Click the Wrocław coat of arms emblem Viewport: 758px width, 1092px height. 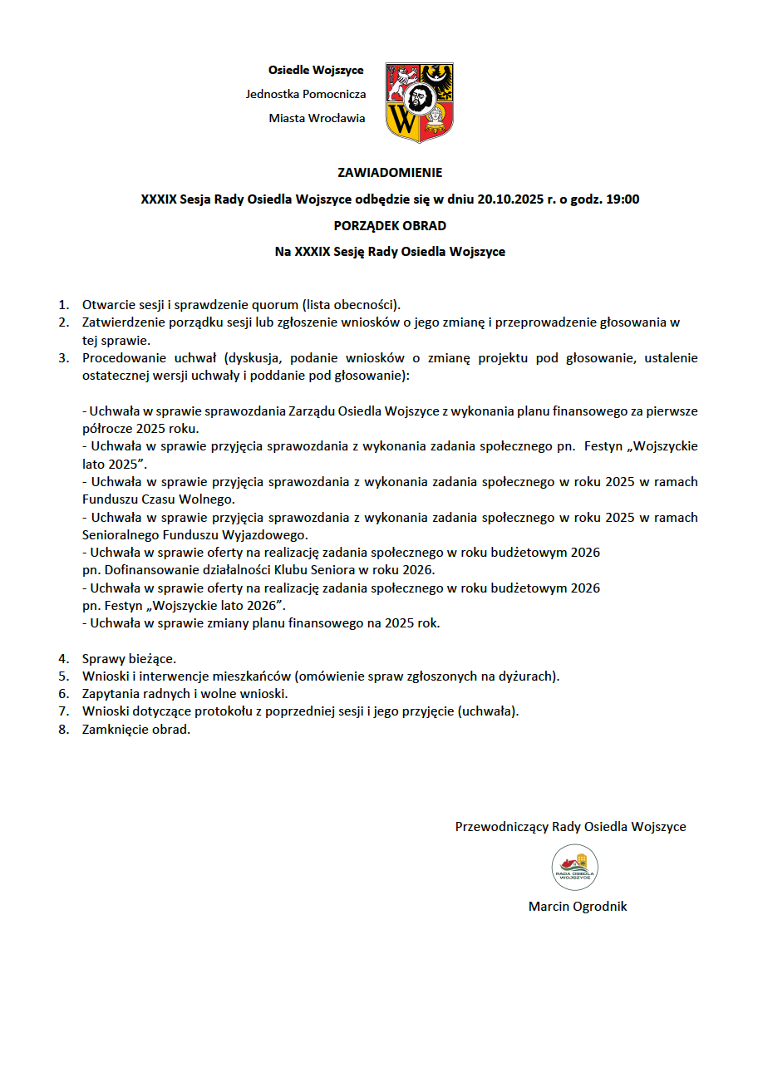[420, 101]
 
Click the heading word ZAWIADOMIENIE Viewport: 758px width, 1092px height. [390, 173]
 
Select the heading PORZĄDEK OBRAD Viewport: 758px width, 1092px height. [390, 225]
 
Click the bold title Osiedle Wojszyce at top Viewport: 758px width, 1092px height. [316, 70]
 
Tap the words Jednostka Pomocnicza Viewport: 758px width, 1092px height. [306, 94]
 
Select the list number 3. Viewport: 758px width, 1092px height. [62, 358]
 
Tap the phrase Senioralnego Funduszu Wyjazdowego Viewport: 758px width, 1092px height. [194, 535]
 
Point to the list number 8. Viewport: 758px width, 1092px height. [62, 730]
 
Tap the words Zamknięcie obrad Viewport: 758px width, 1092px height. [136, 730]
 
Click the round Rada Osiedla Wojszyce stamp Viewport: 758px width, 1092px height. [575, 868]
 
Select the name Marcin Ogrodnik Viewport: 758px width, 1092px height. [578, 907]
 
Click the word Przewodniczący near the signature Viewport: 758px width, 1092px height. [501, 827]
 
